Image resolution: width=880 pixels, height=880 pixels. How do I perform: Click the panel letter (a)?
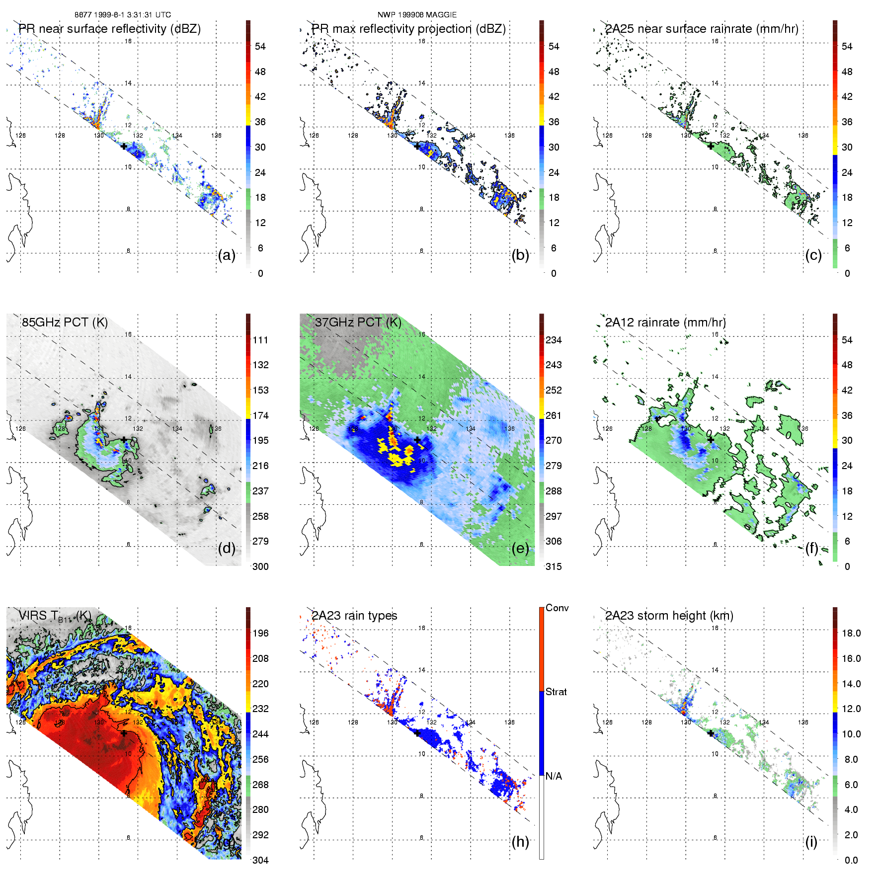coord(227,255)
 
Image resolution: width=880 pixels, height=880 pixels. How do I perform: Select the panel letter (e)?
coord(520,548)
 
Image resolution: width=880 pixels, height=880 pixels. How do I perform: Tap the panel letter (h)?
coord(520,841)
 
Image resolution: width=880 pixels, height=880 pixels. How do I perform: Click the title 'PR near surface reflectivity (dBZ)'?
coord(109,29)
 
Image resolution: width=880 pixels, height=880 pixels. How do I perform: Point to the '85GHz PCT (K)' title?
coord(65,322)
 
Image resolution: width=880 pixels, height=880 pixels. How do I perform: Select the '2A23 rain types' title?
coord(354,616)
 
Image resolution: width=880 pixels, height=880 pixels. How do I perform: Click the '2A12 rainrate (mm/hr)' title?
coord(665,322)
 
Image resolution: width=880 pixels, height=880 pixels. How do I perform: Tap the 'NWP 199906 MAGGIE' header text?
coord(417,15)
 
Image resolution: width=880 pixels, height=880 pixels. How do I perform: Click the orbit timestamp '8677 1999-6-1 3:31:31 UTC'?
coord(123,15)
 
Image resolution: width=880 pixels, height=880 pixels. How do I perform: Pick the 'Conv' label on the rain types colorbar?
coord(557,608)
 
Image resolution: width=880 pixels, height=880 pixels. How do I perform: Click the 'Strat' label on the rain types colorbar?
coord(556,692)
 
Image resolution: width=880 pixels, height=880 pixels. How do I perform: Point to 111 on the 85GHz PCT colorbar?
coord(260,340)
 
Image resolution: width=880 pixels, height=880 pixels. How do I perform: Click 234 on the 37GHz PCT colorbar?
coord(554,340)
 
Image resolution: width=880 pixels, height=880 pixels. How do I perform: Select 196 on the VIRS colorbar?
coord(260,633)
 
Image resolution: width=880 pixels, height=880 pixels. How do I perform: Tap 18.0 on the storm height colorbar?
coord(851,633)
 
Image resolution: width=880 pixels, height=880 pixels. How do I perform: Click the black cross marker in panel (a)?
coord(124,146)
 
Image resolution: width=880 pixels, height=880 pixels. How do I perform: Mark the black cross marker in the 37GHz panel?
coord(417,440)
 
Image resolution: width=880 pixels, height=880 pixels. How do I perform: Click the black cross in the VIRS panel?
coord(124,733)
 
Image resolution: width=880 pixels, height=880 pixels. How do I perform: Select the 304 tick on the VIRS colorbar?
coord(260,860)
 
